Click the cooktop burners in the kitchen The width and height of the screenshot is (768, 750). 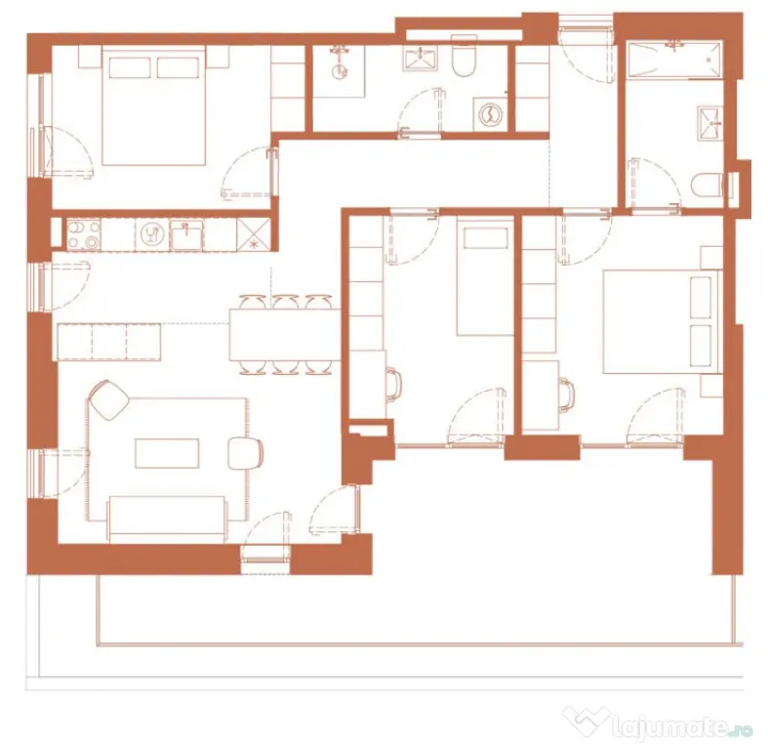(84, 234)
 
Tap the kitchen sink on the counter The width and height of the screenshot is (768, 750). (186, 234)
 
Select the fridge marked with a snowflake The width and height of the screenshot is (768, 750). (254, 234)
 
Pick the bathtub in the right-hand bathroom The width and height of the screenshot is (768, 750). (675, 60)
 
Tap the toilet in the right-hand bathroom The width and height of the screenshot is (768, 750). (707, 186)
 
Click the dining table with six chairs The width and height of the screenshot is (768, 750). (285, 334)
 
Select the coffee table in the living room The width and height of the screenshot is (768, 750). (167, 453)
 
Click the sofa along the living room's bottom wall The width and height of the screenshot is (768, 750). (168, 520)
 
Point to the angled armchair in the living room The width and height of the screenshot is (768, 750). (109, 399)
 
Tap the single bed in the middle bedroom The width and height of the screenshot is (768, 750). (485, 278)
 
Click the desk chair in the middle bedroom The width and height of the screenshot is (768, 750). (394, 385)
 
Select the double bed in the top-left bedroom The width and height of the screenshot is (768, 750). (153, 104)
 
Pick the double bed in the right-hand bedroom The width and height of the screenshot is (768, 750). (663, 321)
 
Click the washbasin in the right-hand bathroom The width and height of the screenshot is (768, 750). (709, 123)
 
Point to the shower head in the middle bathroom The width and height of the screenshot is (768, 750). (339, 71)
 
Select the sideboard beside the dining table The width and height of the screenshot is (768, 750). (108, 342)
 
